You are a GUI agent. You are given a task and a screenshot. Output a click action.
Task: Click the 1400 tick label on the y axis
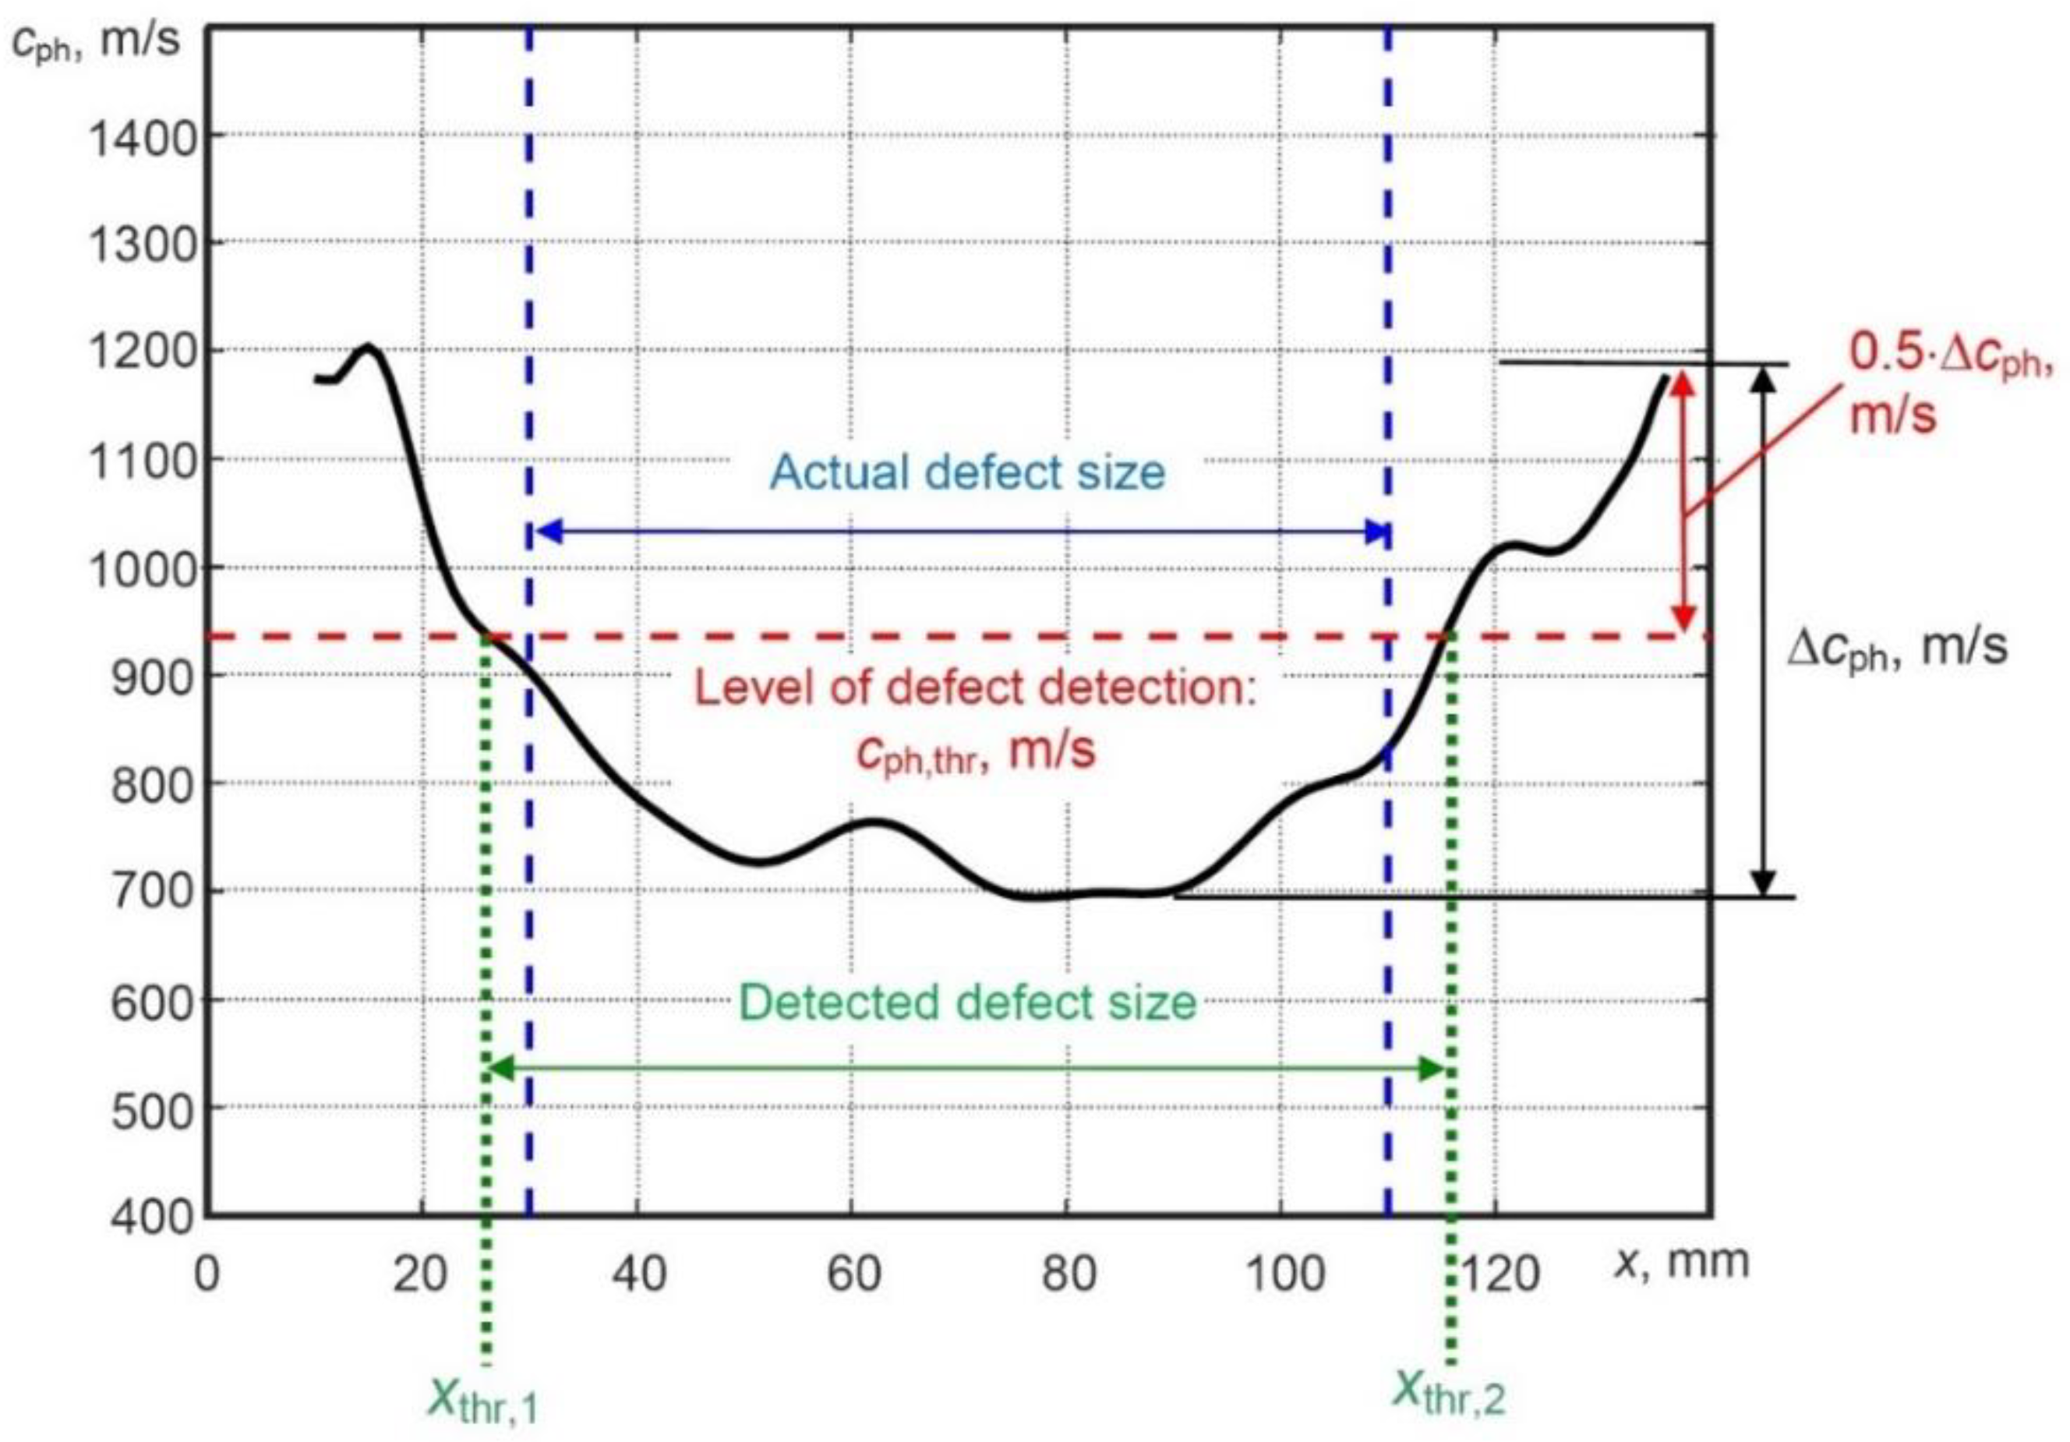[x=142, y=139]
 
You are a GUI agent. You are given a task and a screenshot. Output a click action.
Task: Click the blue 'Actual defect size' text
[x=966, y=472]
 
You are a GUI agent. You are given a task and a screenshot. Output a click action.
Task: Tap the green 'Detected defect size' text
[x=967, y=1002]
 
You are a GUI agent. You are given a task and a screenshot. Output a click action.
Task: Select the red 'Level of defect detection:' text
[x=974, y=689]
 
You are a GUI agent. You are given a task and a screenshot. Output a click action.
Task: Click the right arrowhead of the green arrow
[x=1432, y=1069]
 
